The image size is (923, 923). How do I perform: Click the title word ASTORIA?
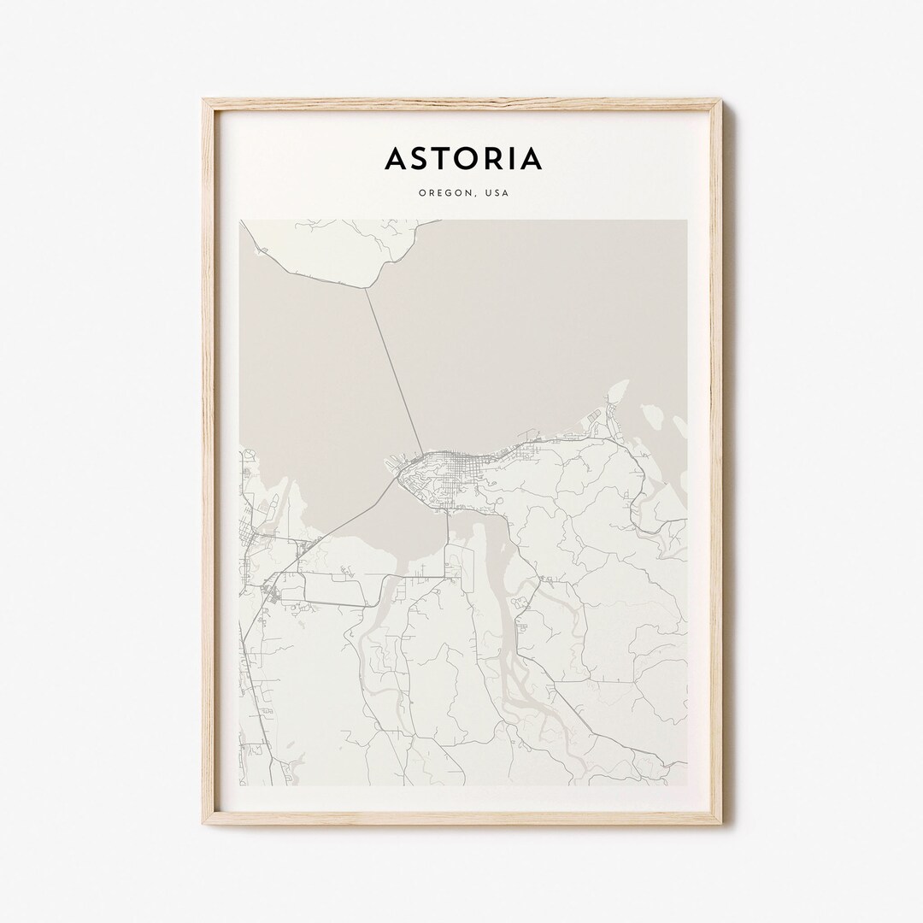462,159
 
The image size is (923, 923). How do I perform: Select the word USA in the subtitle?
497,193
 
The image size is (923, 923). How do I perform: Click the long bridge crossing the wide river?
394,367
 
